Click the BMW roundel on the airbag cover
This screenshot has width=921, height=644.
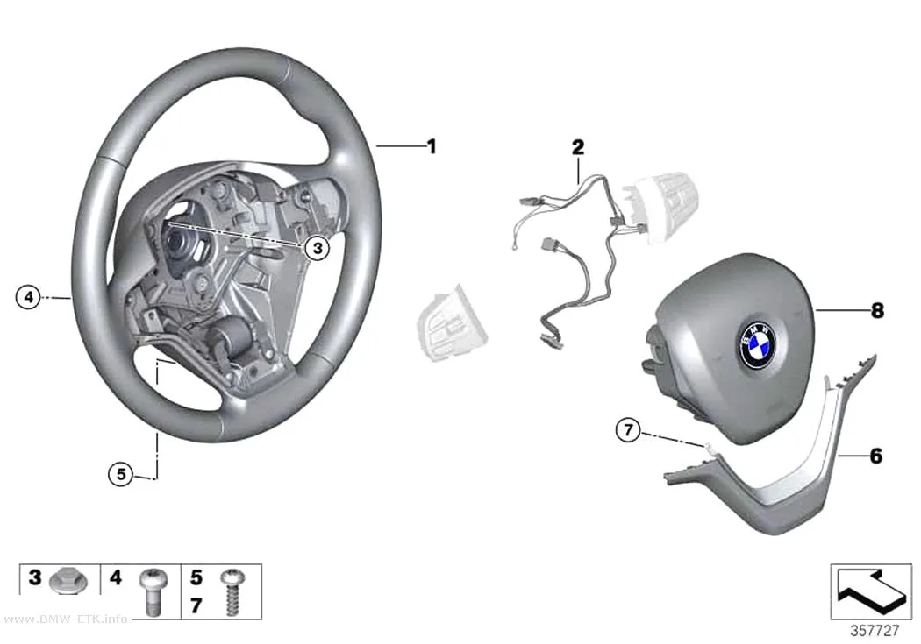(x=757, y=344)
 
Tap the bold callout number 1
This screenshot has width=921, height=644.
(x=432, y=146)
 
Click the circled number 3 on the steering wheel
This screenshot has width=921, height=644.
(x=318, y=248)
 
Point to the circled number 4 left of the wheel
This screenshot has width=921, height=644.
(x=28, y=297)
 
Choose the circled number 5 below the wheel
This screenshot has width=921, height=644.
(x=121, y=473)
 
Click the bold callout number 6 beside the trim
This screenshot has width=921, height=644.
(x=875, y=455)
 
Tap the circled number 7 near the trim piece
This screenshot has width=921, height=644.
(x=629, y=430)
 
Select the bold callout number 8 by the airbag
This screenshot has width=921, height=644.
(x=877, y=310)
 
